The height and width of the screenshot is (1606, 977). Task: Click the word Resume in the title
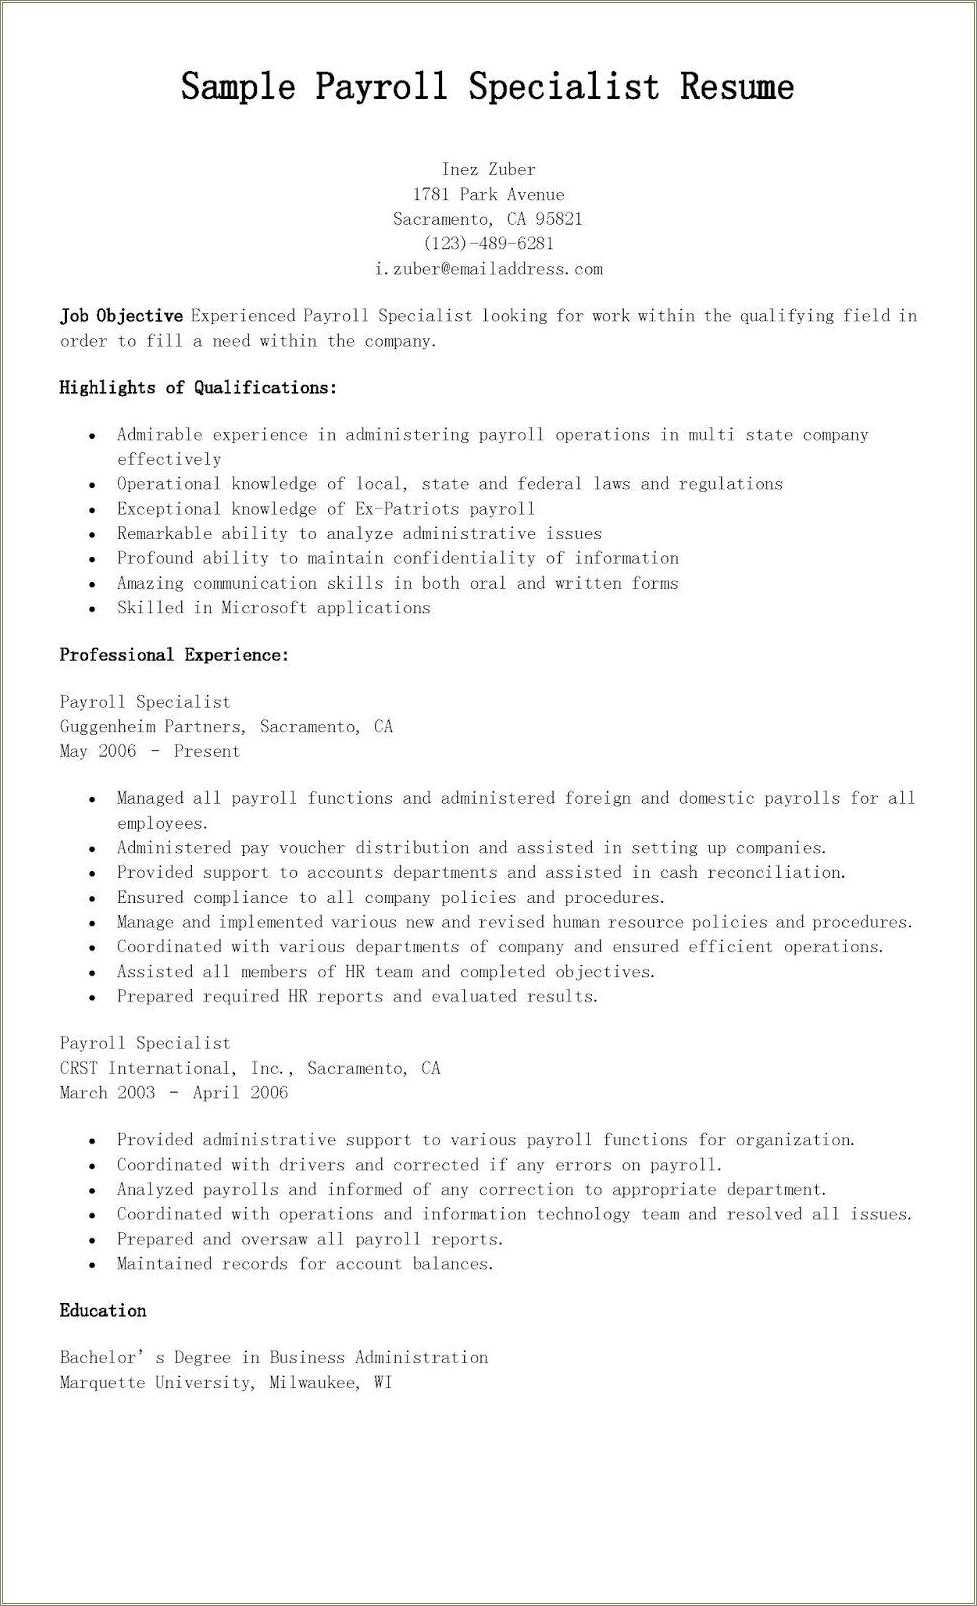[x=737, y=87]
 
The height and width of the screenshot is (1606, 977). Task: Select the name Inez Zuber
[x=488, y=170]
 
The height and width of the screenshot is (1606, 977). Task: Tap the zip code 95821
[x=558, y=219]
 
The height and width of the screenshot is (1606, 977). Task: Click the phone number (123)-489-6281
[x=488, y=243]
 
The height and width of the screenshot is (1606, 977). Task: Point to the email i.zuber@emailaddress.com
[x=488, y=269]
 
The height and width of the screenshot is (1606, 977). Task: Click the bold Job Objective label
[x=121, y=316]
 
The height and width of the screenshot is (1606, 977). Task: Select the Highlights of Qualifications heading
[x=198, y=388]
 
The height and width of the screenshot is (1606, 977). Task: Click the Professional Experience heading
[x=174, y=655]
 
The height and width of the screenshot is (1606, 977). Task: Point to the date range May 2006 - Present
[x=150, y=752]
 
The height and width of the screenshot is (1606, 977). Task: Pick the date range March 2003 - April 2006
[x=174, y=1093]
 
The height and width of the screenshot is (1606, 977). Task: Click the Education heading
[x=103, y=1311]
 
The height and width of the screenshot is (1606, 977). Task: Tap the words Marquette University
[x=155, y=1383]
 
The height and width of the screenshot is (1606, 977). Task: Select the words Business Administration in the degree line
[x=378, y=1358]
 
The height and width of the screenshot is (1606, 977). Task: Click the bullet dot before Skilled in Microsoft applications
[x=92, y=609]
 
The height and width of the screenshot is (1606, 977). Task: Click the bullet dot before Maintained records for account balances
[x=92, y=1265]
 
